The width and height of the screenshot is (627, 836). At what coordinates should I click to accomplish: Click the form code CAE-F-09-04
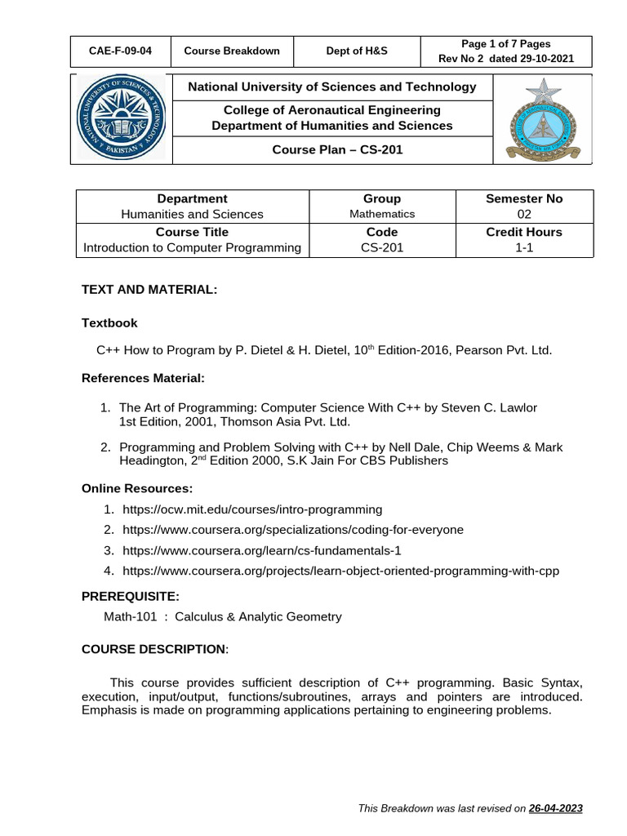tap(120, 51)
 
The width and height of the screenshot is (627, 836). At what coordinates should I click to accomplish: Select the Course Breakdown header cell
tap(232, 51)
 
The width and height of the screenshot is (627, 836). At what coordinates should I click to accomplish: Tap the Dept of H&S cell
tap(352, 51)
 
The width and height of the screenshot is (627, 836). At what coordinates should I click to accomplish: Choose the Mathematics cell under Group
tap(382, 214)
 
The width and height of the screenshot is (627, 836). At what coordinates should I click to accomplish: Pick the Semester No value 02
tap(523, 214)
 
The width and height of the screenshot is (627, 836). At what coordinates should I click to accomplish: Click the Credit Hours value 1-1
tap(523, 247)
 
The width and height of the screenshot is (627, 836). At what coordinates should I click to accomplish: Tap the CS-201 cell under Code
tap(382, 247)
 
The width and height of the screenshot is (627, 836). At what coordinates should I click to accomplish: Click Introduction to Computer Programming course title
tap(192, 247)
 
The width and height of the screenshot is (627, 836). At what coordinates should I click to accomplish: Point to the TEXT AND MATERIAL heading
tap(149, 290)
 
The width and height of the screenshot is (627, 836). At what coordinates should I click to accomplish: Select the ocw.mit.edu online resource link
tap(252, 509)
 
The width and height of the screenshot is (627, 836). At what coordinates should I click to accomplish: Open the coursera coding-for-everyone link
tap(292, 530)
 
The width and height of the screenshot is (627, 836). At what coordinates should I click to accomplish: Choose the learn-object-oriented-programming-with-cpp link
tap(340, 571)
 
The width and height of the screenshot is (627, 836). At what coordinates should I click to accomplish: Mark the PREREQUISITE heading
tap(131, 596)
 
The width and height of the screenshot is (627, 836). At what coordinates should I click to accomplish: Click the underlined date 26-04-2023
tap(555, 808)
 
